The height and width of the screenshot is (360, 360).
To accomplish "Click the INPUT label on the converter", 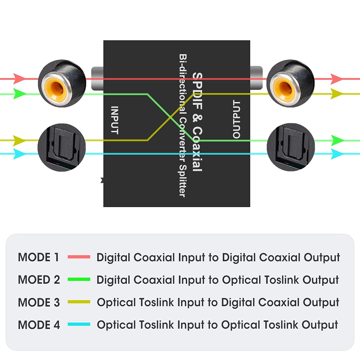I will click(114, 120).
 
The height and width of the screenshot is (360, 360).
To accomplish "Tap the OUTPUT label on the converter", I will click(236, 119).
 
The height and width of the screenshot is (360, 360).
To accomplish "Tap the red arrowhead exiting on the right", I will click(336, 79).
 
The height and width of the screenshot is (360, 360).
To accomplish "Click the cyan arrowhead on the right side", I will click(336, 154).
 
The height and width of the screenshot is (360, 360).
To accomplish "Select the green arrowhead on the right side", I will click(336, 140).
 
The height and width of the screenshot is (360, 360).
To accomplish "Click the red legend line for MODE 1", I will click(79, 257).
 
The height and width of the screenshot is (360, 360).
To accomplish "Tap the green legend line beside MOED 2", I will click(79, 280).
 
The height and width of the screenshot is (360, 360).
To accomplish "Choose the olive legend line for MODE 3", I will click(79, 302).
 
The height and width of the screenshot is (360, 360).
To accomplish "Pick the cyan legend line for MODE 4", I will click(79, 325).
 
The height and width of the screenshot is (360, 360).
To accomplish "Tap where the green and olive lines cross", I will click(173, 117).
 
